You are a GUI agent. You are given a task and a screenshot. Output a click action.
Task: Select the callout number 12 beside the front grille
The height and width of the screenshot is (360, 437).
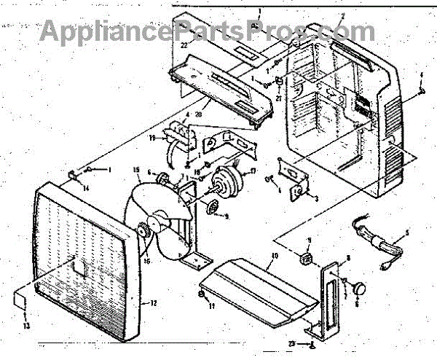(153, 302)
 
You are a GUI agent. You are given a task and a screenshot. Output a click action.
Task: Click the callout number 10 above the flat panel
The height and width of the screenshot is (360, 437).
(275, 257)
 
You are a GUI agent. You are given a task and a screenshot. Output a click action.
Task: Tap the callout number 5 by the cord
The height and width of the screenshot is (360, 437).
(406, 233)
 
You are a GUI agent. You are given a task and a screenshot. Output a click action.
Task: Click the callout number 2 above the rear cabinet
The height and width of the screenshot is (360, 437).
(342, 15)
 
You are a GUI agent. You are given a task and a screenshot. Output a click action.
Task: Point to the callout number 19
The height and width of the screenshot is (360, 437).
(154, 137)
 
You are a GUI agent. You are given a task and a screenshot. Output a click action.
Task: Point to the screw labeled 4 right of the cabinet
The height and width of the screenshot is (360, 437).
(422, 93)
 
